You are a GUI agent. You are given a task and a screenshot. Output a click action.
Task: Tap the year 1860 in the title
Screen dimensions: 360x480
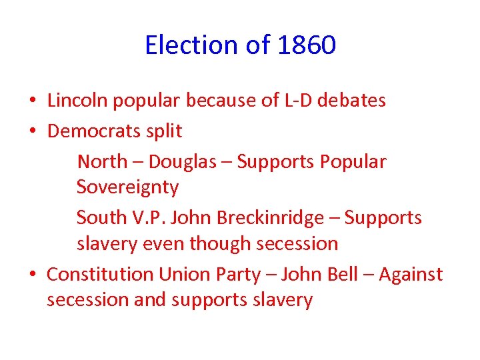(307, 46)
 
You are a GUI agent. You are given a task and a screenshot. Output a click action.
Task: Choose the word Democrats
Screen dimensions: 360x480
(91, 131)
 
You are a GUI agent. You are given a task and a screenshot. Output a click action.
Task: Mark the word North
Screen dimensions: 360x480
(102, 161)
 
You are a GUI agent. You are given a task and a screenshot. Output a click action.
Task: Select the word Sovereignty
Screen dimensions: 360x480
(127, 188)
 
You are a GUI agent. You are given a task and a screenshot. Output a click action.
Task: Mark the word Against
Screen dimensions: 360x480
(411, 274)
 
